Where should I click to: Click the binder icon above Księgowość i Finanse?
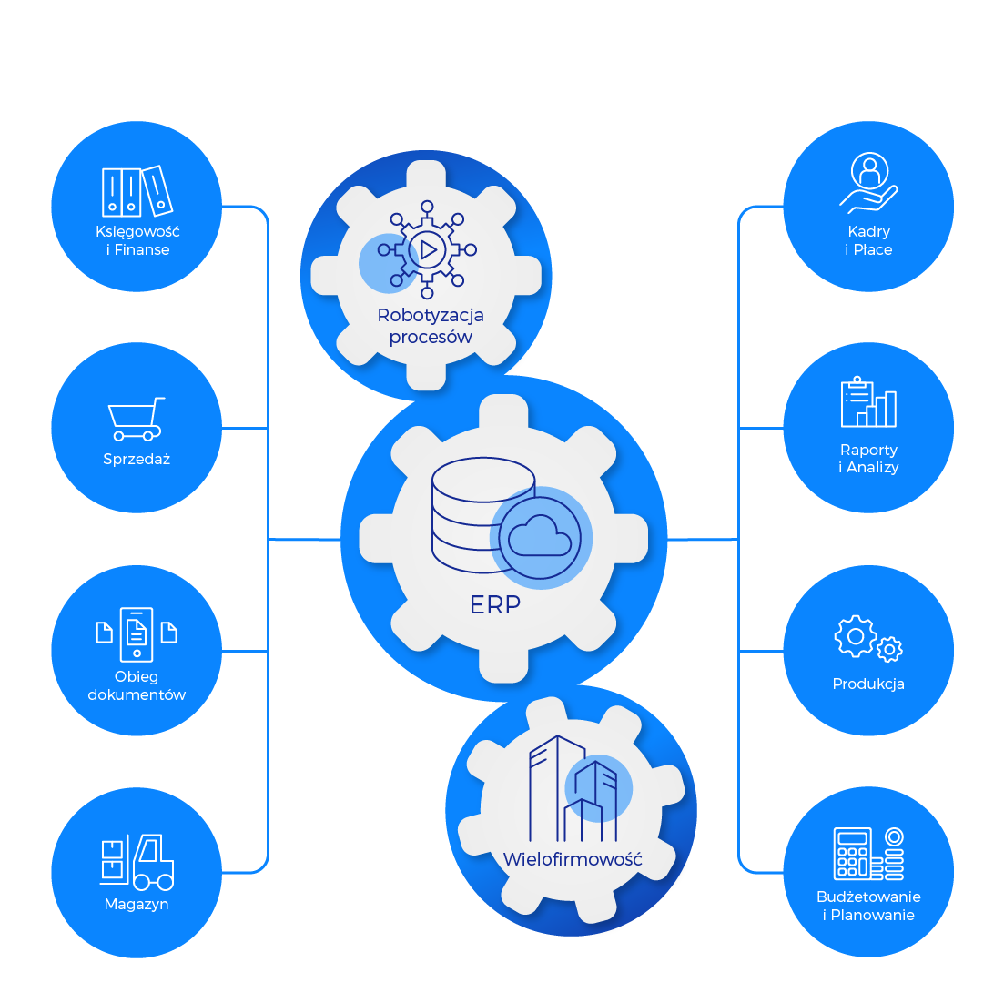[137, 191]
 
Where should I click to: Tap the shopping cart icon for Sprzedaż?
[137, 419]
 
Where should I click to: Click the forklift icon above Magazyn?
[137, 861]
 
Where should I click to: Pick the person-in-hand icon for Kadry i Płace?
[868, 183]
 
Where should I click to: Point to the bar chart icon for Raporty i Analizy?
[868, 402]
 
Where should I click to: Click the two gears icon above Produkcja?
[868, 638]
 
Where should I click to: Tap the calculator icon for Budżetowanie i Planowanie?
[868, 853]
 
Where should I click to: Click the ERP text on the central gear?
[495, 604]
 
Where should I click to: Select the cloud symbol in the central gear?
[541, 536]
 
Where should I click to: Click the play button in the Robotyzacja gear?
[428, 249]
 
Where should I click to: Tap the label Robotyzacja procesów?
[431, 326]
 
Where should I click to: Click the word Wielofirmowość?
[573, 859]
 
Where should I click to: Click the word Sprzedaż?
[137, 459]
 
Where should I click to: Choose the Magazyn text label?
[137, 904]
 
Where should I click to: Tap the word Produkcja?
[868, 684]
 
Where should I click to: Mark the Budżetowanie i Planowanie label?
[868, 906]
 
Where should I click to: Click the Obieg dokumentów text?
[137, 685]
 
